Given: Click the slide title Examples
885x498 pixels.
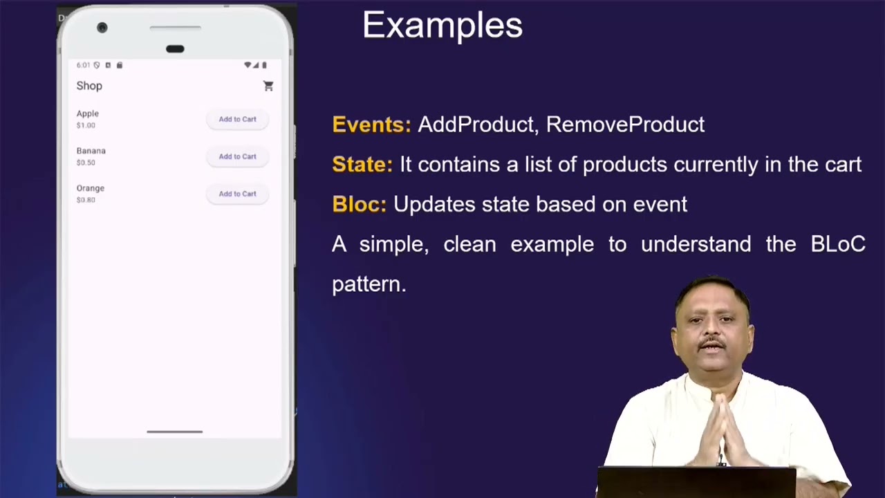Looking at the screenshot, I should [x=442, y=26].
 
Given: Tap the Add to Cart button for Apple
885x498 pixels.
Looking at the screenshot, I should [x=237, y=119].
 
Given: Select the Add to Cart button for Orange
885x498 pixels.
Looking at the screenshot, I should [x=237, y=194].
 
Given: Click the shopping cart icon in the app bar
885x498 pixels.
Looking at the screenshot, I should [x=268, y=86].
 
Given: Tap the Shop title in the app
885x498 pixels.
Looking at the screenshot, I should [x=89, y=86].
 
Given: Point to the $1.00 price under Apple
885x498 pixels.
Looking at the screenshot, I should [x=86, y=125].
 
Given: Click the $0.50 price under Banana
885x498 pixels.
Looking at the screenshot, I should [x=86, y=163].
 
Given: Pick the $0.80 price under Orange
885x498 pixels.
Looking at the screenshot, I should [x=86, y=200].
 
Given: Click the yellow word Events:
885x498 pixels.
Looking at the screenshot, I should [x=371, y=124].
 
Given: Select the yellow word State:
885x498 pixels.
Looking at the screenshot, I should [x=362, y=165].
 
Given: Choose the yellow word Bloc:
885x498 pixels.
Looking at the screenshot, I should [x=359, y=205].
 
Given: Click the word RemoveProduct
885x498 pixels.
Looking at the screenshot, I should [x=625, y=124].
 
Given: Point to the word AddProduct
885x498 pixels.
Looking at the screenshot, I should [x=476, y=124].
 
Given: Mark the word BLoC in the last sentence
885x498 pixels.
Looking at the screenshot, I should [x=837, y=244].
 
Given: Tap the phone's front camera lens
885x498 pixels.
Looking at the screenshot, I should [x=102, y=28].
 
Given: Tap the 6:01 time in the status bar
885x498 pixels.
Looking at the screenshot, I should [x=83, y=65].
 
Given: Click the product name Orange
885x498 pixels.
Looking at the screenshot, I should [x=91, y=188].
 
